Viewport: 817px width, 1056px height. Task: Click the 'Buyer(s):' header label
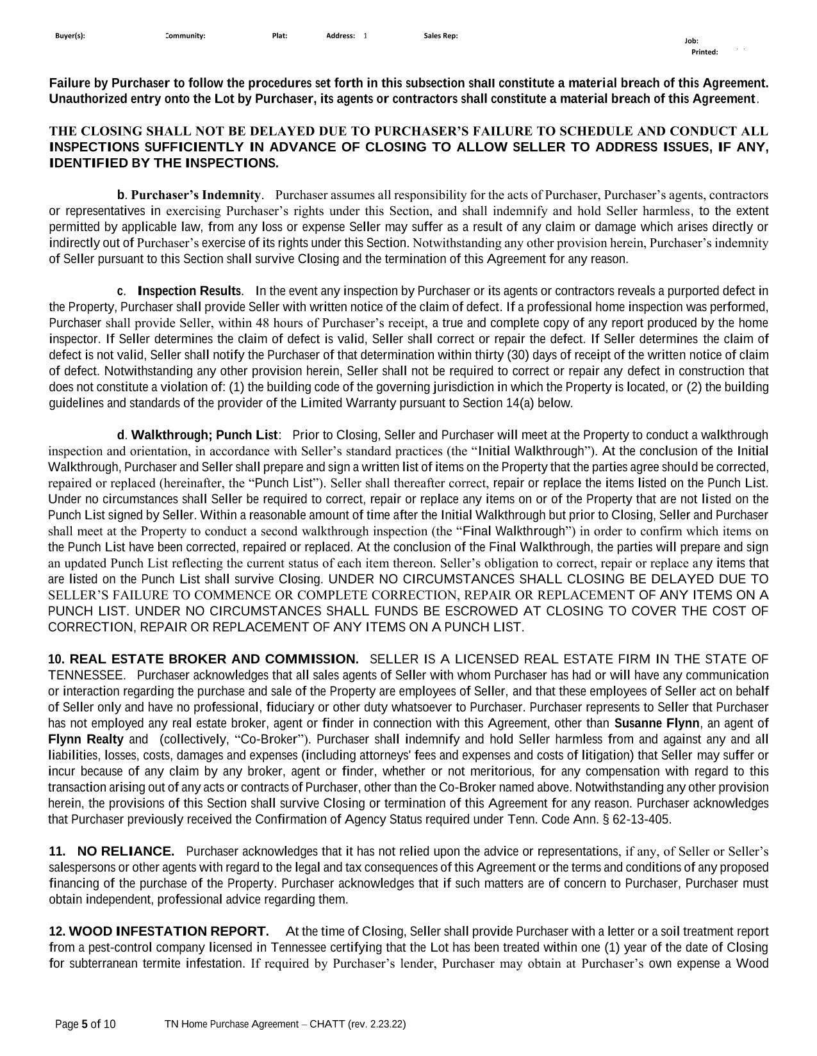[70, 36]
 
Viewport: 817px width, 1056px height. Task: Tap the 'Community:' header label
[185, 36]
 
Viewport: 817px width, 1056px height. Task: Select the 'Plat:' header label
[279, 36]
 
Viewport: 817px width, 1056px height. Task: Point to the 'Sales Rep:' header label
[440, 36]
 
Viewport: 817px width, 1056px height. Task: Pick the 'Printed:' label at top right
[704, 53]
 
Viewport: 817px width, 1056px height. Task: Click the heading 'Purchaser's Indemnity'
[196, 195]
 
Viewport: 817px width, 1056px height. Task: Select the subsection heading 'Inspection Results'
[190, 291]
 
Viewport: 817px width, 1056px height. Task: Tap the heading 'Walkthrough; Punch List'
[204, 435]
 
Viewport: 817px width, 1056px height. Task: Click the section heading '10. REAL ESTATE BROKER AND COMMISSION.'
[204, 660]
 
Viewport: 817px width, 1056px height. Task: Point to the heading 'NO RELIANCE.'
[126, 852]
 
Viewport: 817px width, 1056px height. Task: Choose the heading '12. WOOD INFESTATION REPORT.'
[159, 932]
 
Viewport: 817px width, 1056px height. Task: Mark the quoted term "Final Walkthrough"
[515, 532]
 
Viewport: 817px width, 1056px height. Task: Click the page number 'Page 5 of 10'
[85, 1025]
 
